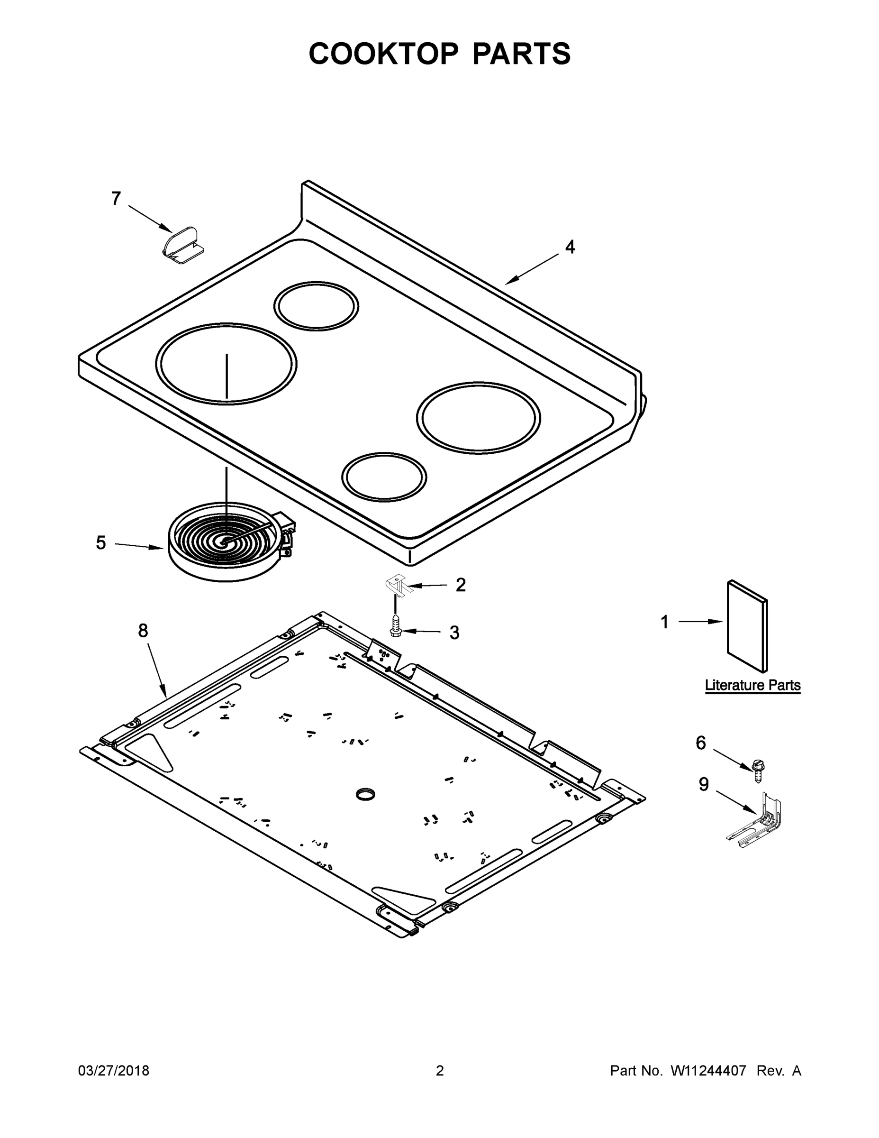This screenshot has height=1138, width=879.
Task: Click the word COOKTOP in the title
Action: click(x=384, y=54)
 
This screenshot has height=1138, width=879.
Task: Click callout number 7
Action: click(x=116, y=199)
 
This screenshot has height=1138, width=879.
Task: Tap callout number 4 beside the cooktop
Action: click(x=570, y=247)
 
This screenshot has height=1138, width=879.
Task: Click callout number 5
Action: click(x=100, y=543)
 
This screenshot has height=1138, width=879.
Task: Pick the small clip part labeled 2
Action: click(x=399, y=585)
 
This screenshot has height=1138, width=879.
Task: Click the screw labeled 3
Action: click(x=395, y=626)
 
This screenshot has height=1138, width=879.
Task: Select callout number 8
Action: click(x=143, y=631)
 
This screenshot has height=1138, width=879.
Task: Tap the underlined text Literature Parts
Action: click(x=752, y=685)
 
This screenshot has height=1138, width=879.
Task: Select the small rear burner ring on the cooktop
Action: click(x=316, y=306)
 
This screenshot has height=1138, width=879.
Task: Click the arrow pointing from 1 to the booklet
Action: click(x=700, y=622)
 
